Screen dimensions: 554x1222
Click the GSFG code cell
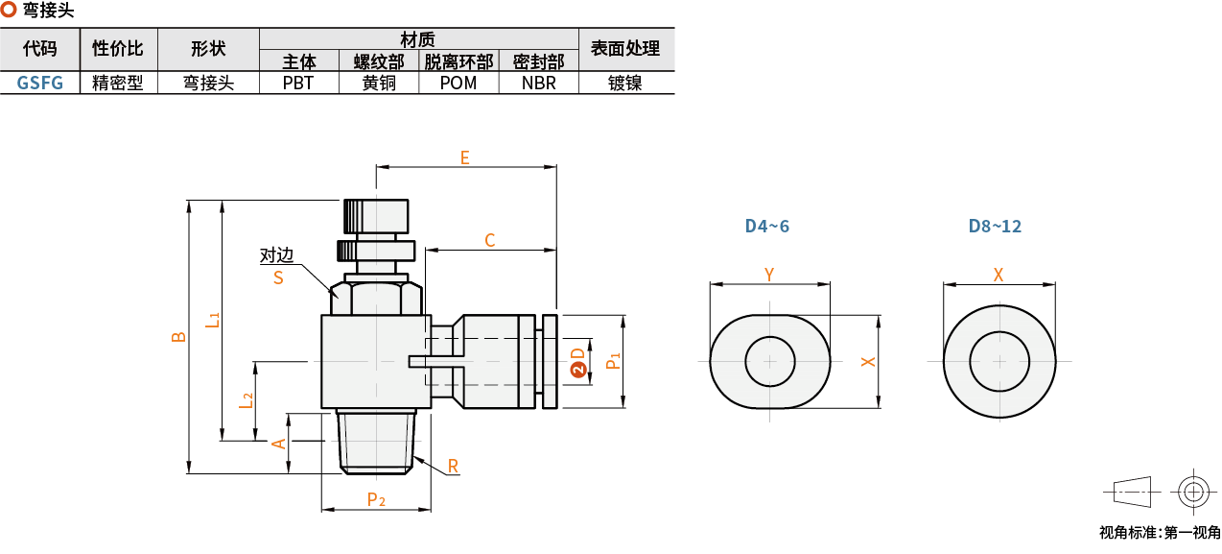point(40,83)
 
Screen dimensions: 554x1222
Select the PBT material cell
point(298,83)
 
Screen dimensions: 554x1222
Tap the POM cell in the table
point(458,83)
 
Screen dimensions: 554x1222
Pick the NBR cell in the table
point(538,83)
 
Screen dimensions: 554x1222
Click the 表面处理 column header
point(625,48)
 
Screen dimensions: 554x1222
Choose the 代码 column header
point(40,48)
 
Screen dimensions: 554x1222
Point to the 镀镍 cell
point(625,83)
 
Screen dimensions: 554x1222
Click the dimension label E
point(464,157)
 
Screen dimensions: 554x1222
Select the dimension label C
point(489,240)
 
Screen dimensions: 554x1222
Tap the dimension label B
point(178,337)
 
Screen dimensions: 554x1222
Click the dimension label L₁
point(213,321)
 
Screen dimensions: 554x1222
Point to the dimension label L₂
point(247,400)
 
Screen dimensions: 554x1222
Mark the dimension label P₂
point(376,499)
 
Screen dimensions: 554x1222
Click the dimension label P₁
point(613,361)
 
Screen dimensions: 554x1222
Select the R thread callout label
point(453,467)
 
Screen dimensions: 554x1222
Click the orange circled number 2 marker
point(577,370)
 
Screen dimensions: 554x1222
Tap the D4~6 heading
point(767,227)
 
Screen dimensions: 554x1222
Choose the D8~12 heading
point(995,227)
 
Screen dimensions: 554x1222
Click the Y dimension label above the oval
point(768,275)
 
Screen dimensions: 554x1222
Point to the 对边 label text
point(276,256)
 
